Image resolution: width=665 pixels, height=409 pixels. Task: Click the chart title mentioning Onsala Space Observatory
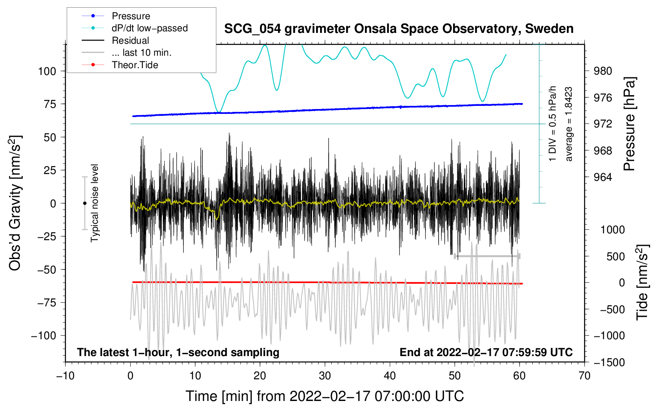point(399,29)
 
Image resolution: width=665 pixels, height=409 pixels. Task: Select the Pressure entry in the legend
point(131,16)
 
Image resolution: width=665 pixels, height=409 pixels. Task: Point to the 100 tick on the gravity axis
point(47,71)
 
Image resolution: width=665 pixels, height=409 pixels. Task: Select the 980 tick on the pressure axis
point(603,71)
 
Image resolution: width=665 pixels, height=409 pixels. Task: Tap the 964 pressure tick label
point(603,178)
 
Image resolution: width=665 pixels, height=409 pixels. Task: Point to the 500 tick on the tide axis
point(616,257)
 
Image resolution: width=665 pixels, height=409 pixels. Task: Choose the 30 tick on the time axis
point(325,376)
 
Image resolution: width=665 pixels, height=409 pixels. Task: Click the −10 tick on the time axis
point(65,376)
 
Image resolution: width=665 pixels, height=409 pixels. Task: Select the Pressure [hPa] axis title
point(629,124)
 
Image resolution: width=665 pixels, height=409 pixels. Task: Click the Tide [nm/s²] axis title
point(642,282)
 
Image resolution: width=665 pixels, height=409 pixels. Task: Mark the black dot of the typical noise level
point(85,203)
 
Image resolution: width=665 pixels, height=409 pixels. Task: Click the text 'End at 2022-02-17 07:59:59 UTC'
point(486,352)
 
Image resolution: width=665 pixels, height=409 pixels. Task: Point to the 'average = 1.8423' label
point(568,124)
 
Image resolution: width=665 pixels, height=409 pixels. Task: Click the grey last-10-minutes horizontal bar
point(487,256)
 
